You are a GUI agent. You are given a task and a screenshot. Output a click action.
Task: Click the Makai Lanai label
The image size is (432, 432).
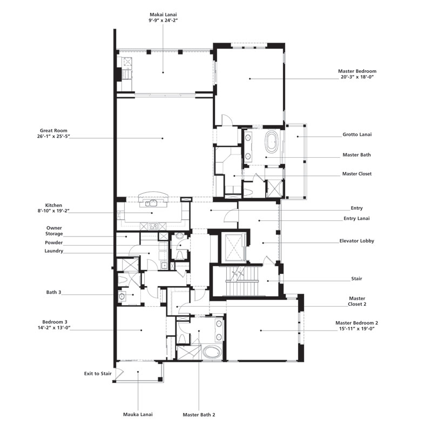tap(164, 15)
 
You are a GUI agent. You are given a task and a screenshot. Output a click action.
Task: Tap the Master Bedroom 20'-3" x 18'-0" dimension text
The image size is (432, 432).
tap(357, 77)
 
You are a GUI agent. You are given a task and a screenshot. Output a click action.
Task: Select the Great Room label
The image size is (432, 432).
tap(53, 131)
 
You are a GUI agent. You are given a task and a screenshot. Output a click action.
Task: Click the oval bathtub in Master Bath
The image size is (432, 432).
tap(272, 142)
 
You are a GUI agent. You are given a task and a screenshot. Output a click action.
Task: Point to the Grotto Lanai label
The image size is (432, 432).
tap(357, 134)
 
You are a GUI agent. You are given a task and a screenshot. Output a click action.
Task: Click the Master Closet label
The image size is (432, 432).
tap(357, 174)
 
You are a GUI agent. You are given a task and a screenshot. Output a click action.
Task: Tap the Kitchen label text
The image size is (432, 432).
tap(53, 205)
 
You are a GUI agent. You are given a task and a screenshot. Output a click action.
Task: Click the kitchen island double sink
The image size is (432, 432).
tap(151, 204)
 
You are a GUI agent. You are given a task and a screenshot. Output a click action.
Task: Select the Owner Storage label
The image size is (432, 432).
tap(54, 231)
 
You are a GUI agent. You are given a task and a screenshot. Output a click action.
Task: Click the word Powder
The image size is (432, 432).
tap(53, 242)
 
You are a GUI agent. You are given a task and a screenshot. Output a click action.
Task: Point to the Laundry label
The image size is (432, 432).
tap(53, 251)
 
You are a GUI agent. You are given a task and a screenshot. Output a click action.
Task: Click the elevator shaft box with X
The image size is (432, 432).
tap(234, 247)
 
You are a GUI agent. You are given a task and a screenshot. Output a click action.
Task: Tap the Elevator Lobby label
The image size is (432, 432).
tap(357, 241)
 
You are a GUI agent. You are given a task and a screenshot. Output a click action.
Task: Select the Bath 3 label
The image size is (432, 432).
tap(53, 292)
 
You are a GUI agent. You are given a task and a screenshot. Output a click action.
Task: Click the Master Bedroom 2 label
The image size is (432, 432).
tap(357, 323)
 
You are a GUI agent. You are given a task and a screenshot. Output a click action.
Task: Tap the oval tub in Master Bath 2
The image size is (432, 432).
tap(212, 352)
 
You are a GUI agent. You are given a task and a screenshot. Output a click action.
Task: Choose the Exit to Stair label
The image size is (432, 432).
tap(98, 374)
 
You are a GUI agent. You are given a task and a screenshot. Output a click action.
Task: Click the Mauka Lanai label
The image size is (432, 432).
tap(138, 414)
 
